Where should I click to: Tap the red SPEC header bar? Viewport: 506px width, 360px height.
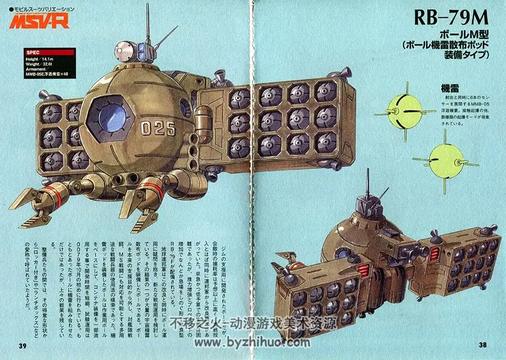tap(48, 52)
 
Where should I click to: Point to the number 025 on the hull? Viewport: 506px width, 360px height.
tap(159, 128)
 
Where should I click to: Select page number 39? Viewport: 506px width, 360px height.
tap(22, 345)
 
